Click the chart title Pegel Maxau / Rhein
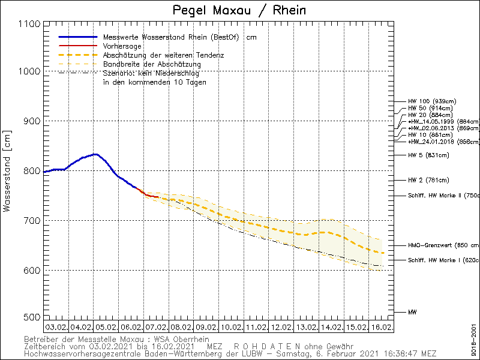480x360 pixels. (238, 10)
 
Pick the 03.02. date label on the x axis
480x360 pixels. (56, 328)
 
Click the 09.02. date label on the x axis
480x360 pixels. (206, 328)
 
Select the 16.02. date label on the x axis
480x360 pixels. (382, 328)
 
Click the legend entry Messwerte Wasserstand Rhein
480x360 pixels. (162, 37)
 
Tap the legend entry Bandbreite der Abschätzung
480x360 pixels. (152, 64)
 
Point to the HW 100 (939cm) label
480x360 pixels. (431, 101)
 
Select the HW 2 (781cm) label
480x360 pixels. (428, 180)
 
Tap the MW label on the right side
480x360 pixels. (412, 312)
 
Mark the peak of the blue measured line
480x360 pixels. (94, 154)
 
